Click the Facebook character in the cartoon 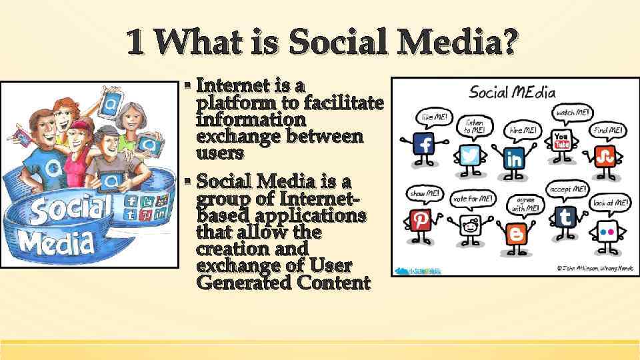pos(425,145)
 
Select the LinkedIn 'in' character pos(515,159)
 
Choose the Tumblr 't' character pos(566,217)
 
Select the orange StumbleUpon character pos(605,157)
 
